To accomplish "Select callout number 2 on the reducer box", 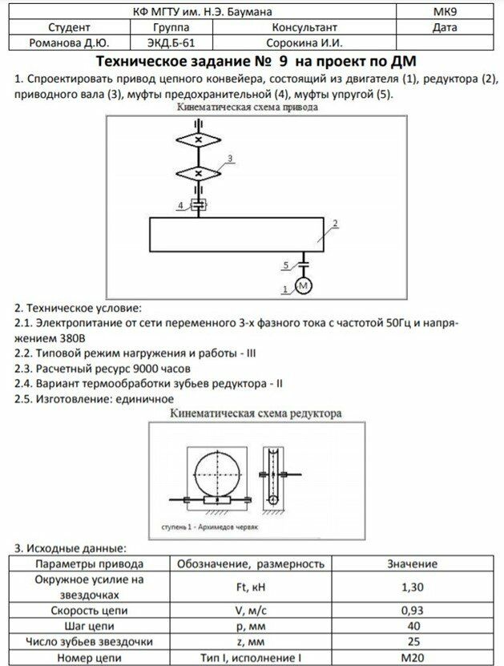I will [336, 222].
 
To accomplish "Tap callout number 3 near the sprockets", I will [230, 159].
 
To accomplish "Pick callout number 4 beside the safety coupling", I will [181, 206].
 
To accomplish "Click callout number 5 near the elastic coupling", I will [285, 264].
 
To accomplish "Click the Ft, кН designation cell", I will [249, 587].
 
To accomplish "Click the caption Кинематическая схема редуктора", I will [256, 414].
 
